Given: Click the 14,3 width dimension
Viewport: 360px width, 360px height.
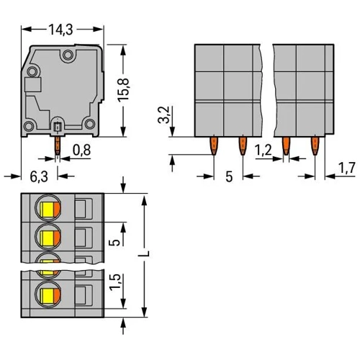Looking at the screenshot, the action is coord(60,30).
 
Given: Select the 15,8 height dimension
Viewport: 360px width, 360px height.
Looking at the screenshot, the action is coord(123,90).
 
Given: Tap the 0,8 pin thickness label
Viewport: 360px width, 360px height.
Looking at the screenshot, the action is coord(82,150).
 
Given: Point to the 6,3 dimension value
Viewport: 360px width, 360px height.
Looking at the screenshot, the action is coord(39,176).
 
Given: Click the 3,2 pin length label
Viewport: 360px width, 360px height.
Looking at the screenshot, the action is coord(163,114).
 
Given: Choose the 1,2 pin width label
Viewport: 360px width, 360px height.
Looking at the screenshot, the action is coord(263,150).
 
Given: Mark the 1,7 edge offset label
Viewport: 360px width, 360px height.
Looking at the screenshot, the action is coord(346,168).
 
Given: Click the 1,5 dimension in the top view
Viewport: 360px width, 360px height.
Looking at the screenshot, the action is coord(114,282).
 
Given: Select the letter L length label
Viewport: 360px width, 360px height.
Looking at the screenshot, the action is coord(144,253).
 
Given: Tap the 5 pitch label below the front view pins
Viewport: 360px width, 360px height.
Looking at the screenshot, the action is coord(229,177).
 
